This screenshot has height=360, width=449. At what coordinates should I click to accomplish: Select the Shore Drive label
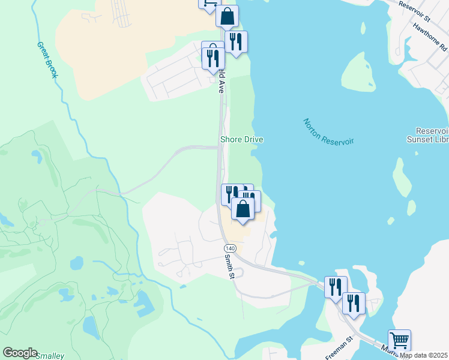242,139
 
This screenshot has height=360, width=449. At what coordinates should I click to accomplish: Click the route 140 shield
229,248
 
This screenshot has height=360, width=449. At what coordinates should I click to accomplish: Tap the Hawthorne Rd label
430,36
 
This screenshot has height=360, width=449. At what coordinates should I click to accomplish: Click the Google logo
20,353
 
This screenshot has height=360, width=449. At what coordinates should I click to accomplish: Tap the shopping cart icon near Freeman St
399,340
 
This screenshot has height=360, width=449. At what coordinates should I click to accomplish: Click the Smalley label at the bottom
50,356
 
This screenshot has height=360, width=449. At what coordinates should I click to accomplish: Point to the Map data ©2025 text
424,355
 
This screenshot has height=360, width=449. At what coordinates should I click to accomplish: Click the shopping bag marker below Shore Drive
243,209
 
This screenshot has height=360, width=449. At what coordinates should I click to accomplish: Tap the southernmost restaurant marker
354,302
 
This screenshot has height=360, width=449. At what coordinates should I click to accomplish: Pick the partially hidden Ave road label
221,82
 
